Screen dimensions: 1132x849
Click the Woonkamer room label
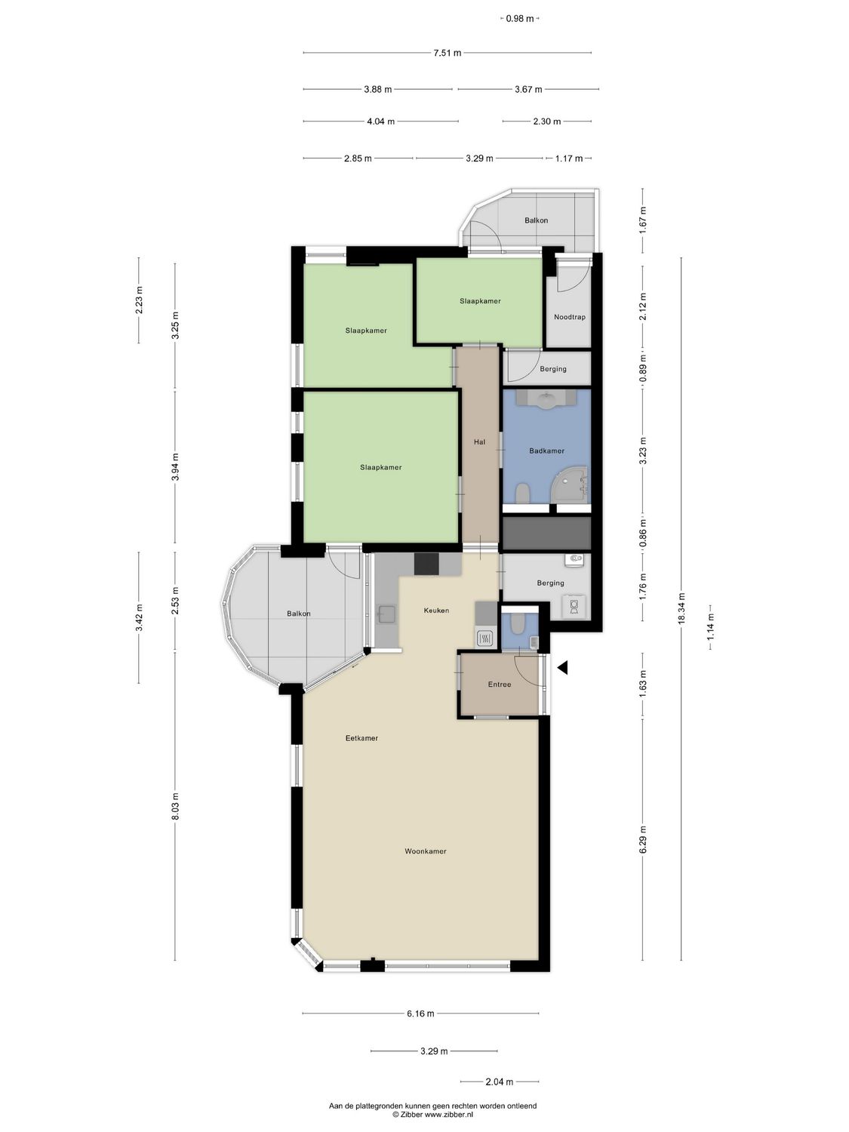pyautogui.click(x=425, y=851)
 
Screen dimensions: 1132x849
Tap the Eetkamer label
pyautogui.click(x=361, y=738)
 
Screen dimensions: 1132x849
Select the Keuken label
pyautogui.click(x=436, y=611)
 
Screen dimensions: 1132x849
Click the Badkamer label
pyautogui.click(x=546, y=451)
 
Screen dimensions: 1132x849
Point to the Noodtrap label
pyautogui.click(x=569, y=317)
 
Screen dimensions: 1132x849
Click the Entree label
pyautogui.click(x=499, y=684)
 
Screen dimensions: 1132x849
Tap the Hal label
pyautogui.click(x=479, y=442)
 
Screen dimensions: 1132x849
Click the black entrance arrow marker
pyautogui.click(x=561, y=667)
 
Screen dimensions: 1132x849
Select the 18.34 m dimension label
pyautogui.click(x=681, y=609)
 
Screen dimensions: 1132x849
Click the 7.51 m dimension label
pyautogui.click(x=447, y=53)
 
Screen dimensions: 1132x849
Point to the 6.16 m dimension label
pyautogui.click(x=420, y=1014)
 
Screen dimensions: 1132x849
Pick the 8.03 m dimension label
pyautogui.click(x=174, y=805)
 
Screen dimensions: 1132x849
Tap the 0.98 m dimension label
pyautogui.click(x=520, y=18)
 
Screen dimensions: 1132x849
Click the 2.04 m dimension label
pyautogui.click(x=499, y=1081)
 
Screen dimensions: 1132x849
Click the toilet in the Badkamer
pyautogui.click(x=521, y=494)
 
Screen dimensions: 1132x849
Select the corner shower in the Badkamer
pyautogui.click(x=571, y=483)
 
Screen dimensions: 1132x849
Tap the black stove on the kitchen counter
pyautogui.click(x=426, y=564)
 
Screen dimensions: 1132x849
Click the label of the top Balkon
pyautogui.click(x=536, y=220)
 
